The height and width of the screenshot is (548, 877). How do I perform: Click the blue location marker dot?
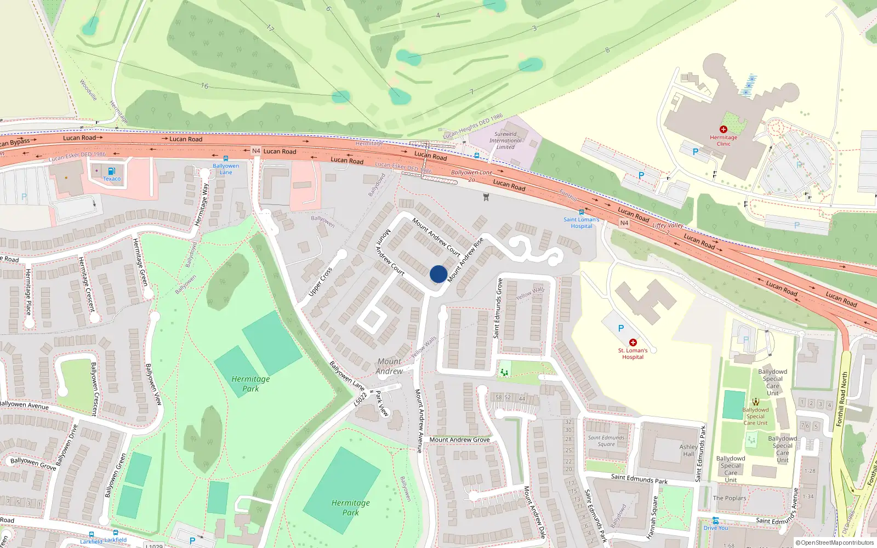click(438, 274)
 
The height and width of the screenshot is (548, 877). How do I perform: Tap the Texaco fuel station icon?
click(112, 171)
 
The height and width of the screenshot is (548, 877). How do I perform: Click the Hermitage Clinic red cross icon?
click(724, 129)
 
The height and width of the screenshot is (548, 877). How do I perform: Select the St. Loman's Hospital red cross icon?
click(633, 342)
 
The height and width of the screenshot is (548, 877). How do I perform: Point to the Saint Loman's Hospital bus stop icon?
click(582, 212)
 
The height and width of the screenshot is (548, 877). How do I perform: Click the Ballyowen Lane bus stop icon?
click(226, 158)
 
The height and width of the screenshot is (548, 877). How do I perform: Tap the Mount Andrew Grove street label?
click(459, 439)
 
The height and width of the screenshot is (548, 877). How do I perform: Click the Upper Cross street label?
click(320, 282)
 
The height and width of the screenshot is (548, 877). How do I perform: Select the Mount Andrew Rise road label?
click(465, 260)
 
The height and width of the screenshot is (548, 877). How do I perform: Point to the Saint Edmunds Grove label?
click(498, 308)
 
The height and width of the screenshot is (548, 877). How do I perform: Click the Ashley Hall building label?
click(688, 450)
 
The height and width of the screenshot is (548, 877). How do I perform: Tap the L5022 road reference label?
click(360, 399)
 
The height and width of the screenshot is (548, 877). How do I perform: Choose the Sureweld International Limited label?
click(505, 140)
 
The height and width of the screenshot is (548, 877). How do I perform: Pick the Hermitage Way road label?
click(202, 204)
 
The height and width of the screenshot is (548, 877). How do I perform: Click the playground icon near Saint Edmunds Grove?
click(504, 372)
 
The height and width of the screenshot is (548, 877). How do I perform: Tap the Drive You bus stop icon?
click(716, 521)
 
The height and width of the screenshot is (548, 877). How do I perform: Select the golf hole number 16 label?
click(204, 86)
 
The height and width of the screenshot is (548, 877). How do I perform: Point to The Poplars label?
click(729, 498)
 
